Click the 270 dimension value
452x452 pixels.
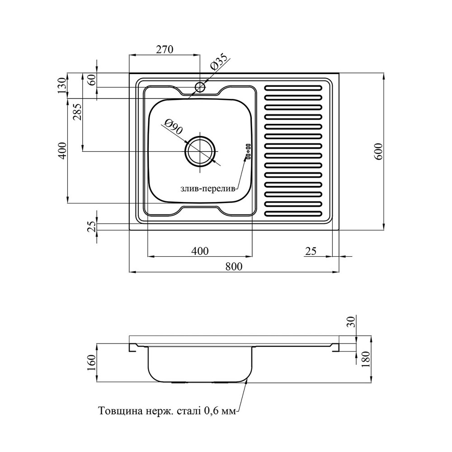165,49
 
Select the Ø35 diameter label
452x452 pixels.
219,62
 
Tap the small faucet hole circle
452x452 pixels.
200,86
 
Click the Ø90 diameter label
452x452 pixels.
173,127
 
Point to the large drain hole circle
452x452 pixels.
200,151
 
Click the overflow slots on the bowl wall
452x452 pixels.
248,151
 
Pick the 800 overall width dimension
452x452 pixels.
234,266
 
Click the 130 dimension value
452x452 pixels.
62,85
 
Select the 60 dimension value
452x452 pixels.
92,80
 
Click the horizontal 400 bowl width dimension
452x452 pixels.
200,251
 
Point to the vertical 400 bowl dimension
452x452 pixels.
62,151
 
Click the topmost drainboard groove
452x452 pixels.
293,87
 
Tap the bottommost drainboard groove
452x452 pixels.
293,214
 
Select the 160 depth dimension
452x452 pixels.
92,363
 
